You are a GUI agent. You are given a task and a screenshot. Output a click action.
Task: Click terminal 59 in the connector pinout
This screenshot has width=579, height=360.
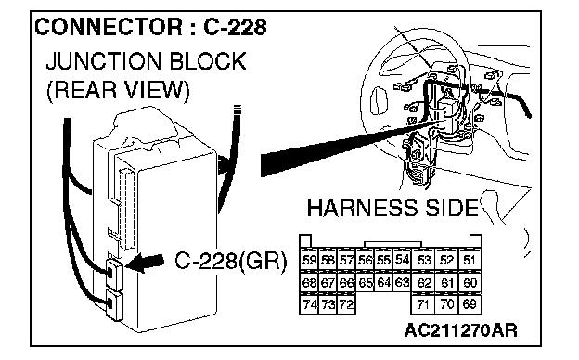point(309,260)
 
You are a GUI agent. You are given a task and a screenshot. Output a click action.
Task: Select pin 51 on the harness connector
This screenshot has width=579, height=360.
point(469,260)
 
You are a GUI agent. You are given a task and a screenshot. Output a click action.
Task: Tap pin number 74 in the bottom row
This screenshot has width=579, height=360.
point(309,304)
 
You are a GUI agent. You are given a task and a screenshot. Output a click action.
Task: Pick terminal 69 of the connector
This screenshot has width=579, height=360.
point(469,304)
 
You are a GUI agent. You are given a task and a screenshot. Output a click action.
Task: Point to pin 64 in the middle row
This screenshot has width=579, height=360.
point(383,282)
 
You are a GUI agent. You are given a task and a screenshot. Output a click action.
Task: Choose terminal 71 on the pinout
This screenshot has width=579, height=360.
point(423,304)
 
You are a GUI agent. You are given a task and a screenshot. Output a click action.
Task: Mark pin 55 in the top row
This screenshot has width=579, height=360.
point(383,260)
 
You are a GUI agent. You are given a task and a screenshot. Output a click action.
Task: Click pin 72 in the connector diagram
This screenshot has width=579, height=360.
point(346,304)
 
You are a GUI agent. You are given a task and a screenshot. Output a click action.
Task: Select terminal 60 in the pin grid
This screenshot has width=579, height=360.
point(469,282)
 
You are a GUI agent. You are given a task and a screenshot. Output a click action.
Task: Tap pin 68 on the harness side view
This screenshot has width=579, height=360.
point(309,282)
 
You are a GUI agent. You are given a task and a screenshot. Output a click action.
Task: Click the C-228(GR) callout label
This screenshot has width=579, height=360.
point(230,262)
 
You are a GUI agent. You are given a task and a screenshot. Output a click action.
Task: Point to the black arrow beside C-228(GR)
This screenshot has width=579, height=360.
point(145,263)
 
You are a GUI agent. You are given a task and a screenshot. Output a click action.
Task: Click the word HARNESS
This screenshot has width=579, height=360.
point(362,208)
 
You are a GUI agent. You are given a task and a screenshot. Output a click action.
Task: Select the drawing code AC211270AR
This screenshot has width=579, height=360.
point(460,330)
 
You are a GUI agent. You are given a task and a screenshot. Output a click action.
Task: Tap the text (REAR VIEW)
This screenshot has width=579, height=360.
point(118,90)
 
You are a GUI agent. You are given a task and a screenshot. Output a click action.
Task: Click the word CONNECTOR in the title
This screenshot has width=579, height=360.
point(109,27)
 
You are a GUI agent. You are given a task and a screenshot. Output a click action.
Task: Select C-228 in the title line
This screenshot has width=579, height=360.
point(235,27)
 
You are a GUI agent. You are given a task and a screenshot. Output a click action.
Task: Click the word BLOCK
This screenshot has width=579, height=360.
point(208,61)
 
